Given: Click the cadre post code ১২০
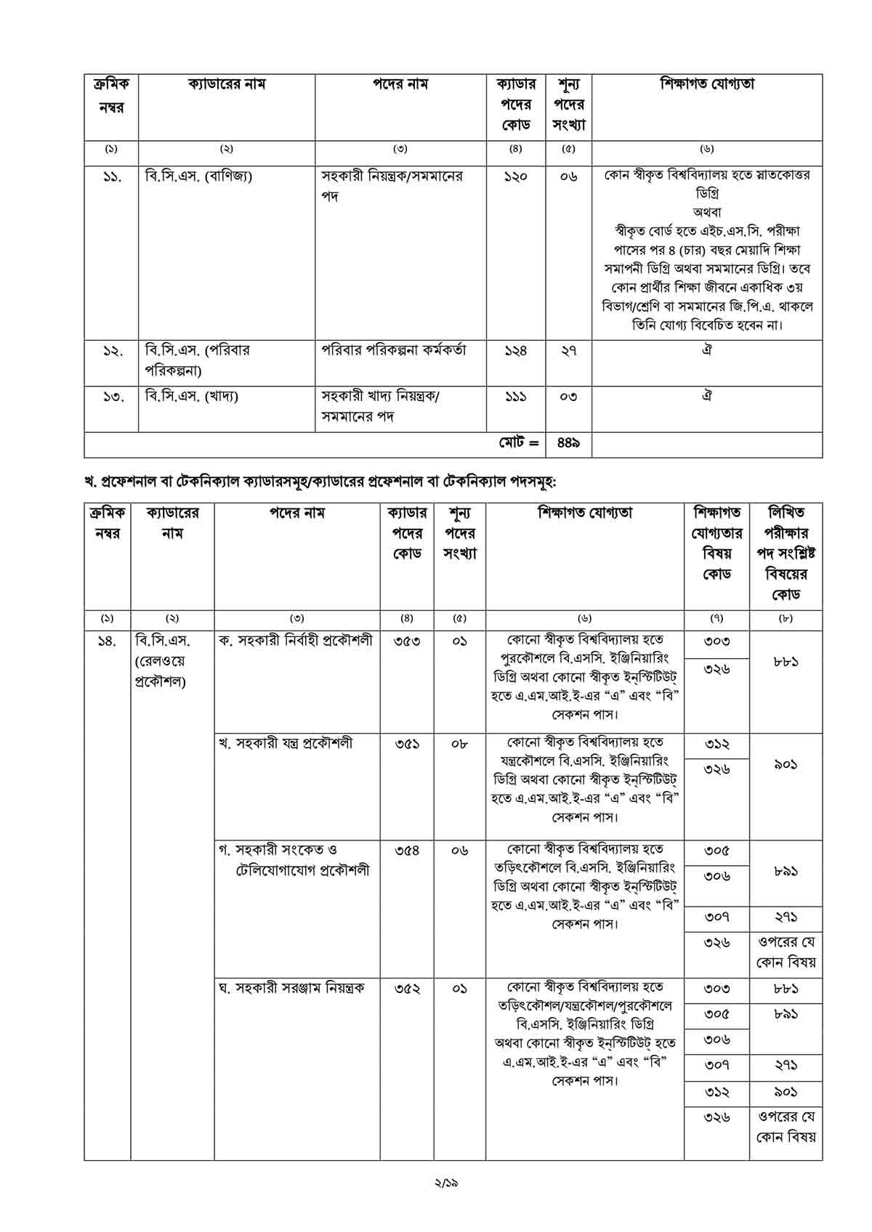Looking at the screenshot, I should [515, 177].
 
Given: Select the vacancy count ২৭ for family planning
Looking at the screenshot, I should [568, 351].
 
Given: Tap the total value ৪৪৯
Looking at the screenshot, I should [568, 442].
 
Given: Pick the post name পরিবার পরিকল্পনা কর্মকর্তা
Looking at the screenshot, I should [395, 350].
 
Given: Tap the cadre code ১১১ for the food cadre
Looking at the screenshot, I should [515, 397].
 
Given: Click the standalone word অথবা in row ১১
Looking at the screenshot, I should [706, 214].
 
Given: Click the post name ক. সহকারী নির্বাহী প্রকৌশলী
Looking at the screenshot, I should [296, 641].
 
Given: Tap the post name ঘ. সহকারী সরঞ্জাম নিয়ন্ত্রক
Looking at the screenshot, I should [291, 988].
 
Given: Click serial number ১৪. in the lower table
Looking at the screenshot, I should [107, 641].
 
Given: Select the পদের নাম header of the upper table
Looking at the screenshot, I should [400, 85].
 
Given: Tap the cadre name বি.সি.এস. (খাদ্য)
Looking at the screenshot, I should [192, 397].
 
